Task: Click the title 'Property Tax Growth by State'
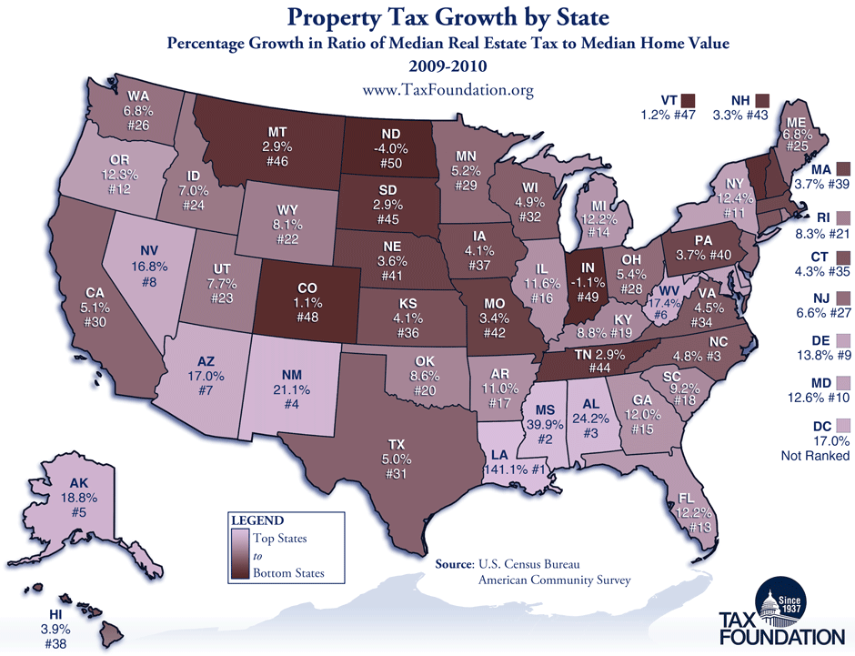click(427, 18)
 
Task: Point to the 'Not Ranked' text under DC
click(814, 456)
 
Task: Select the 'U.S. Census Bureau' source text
click(527, 564)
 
